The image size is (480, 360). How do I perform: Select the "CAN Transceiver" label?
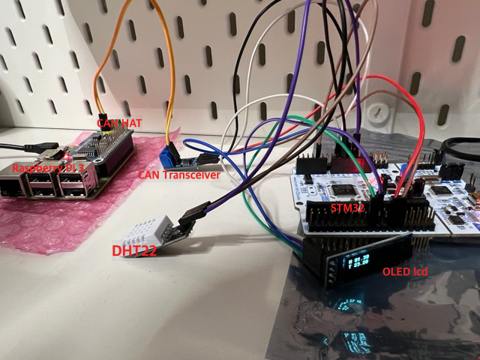coord(179,174)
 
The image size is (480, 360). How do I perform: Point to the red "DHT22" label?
coord(134,250)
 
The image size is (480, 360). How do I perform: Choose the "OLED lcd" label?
coord(405,271)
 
